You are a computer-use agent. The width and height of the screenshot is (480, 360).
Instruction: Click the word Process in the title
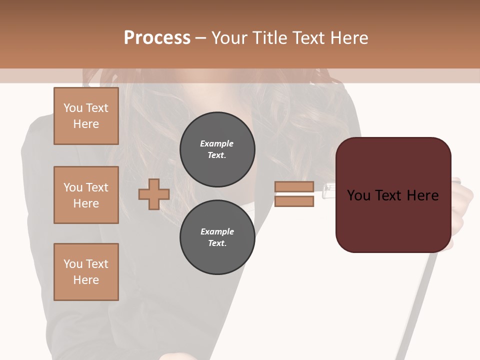[x=157, y=38]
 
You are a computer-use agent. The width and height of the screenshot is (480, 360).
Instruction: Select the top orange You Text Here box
[x=86, y=116]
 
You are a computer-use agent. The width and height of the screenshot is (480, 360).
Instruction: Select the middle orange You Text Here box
[x=86, y=195]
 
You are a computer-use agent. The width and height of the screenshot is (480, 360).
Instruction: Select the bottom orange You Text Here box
[x=86, y=272]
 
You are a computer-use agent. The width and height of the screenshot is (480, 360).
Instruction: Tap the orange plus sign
[x=154, y=194]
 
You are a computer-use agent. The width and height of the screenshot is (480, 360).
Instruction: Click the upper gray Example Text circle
[x=217, y=149]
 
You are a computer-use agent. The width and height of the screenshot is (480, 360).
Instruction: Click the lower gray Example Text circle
[x=217, y=237]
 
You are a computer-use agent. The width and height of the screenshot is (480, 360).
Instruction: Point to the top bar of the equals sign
[x=294, y=187]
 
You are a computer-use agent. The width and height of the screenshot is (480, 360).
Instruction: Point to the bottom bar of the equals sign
[x=294, y=201]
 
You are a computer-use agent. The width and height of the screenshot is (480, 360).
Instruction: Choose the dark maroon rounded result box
[x=393, y=220]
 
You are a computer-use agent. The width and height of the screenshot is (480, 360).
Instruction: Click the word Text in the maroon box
[x=391, y=195]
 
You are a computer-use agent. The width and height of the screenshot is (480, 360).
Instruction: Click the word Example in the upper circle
[x=217, y=143]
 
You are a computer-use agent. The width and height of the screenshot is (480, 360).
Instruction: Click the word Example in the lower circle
[x=217, y=231]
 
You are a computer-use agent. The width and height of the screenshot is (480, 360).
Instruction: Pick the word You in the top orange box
[x=72, y=108]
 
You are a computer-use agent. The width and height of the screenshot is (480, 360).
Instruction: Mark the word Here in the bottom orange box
[x=86, y=280]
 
